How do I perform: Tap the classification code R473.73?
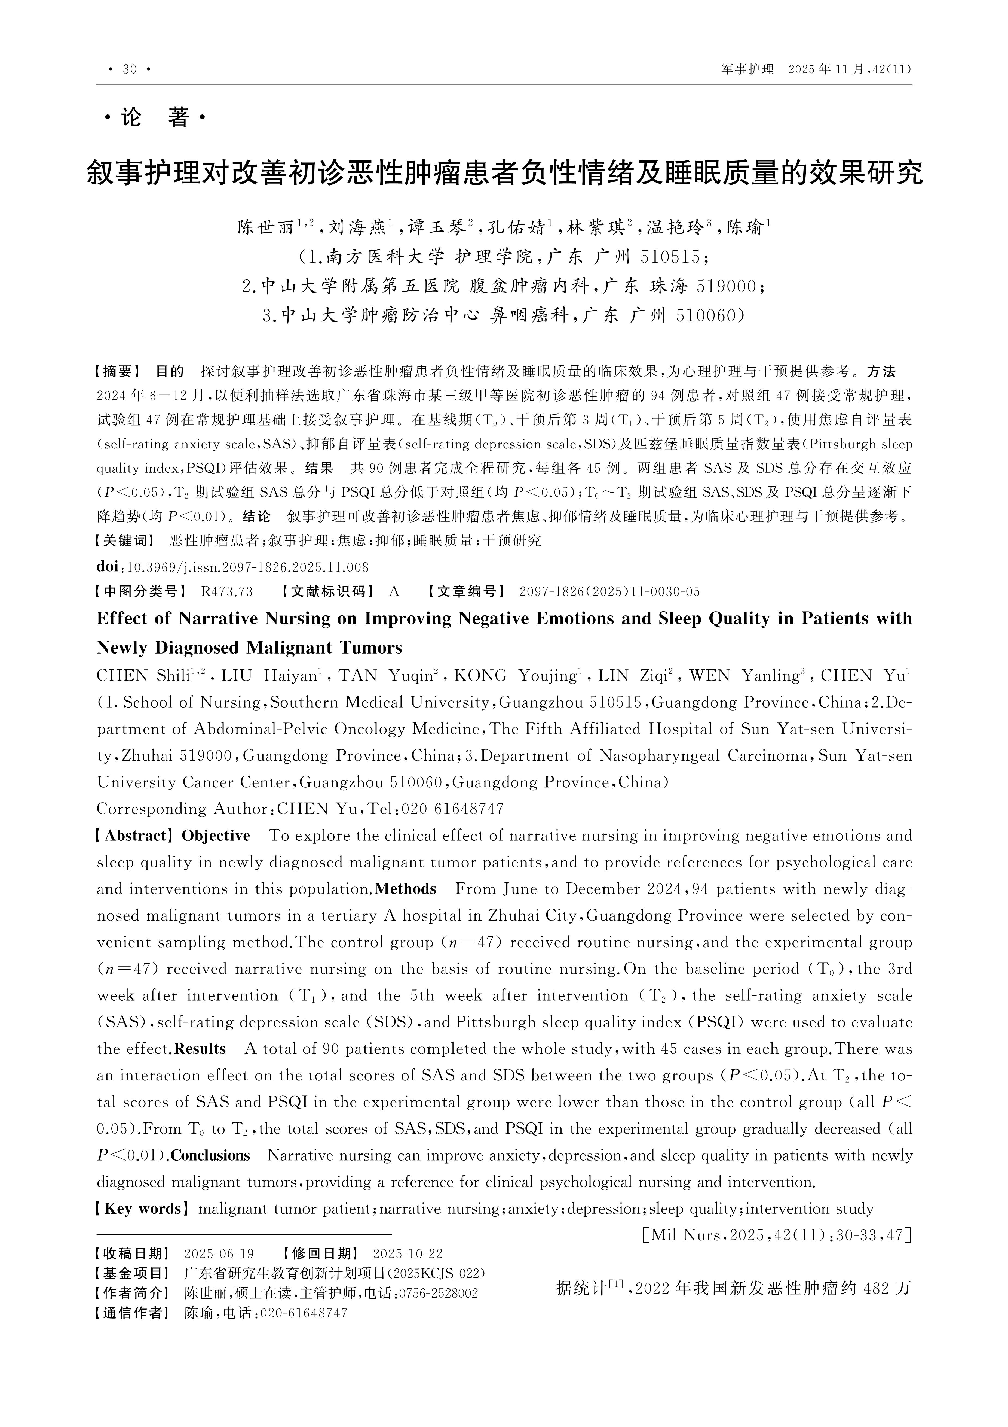pyautogui.click(x=227, y=591)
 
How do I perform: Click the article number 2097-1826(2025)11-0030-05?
pyautogui.click(x=609, y=591)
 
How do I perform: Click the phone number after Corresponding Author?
pyautogui.click(x=453, y=809)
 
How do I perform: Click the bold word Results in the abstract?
pyautogui.click(x=200, y=1049)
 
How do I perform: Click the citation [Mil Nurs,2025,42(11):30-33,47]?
pyautogui.click(x=776, y=1234)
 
